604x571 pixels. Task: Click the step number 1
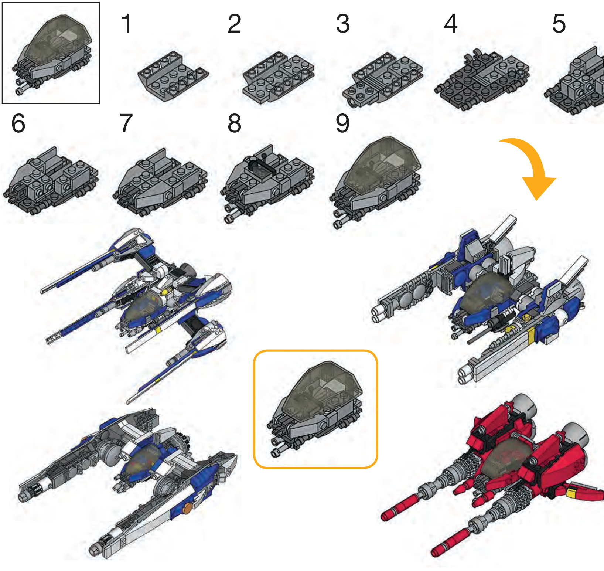click(126, 24)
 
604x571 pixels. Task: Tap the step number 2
click(234, 24)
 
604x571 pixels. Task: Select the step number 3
click(343, 24)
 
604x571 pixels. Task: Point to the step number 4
click(451, 24)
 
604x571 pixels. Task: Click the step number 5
click(559, 24)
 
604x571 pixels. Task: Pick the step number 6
click(18, 123)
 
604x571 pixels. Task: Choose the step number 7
click(126, 123)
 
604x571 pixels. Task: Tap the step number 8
click(234, 123)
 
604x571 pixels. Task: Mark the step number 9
click(342, 123)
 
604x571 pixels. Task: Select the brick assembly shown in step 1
click(173, 76)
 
